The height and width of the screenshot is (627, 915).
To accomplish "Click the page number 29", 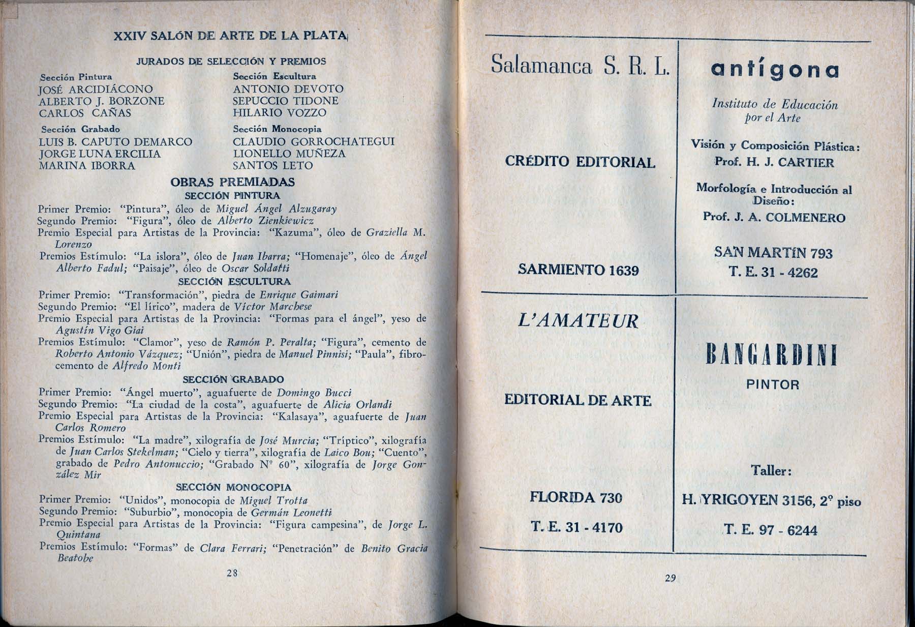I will coord(669,578).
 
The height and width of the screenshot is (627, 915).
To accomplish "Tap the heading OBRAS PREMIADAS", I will coord(233,182).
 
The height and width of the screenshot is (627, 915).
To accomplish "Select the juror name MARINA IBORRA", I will coord(87,166).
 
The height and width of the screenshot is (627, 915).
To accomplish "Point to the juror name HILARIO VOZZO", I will coord(279,113).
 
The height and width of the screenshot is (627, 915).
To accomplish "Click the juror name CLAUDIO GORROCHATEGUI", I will coord(313,141).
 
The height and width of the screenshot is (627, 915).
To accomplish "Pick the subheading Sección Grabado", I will coord(80,129).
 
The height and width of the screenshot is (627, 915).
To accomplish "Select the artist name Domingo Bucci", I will coord(314,393).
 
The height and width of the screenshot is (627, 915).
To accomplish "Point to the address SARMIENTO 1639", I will coord(578,270).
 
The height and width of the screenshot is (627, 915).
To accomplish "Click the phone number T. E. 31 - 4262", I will coord(773,273).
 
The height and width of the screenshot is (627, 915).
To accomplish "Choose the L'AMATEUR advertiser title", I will coord(578,321).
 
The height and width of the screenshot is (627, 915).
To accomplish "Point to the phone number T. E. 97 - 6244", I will coord(771,530).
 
